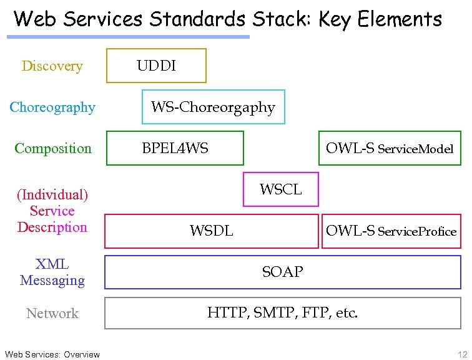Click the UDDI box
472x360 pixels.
coord(156,66)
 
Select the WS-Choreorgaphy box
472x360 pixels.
coord(213,107)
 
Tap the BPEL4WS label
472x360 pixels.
coord(175,148)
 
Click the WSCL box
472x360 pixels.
coord(280,189)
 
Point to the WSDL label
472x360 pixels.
coord(211,231)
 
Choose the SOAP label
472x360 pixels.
coord(282,272)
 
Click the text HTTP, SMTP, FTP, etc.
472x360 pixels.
coord(282,313)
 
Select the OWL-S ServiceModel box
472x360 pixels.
coord(390,148)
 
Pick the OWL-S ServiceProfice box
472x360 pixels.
coord(391,231)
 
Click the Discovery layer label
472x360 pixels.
coord(52,66)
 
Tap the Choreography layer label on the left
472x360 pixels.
coord(52,107)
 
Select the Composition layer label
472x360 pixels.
coord(52,149)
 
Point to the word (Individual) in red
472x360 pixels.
coord(52,195)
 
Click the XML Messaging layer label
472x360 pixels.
coord(52,272)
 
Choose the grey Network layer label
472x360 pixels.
coord(52,314)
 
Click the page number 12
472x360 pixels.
coord(461,354)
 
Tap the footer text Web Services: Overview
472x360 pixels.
coord(52,354)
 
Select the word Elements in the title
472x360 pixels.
coord(400,19)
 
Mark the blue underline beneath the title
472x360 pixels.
coord(128,37)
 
